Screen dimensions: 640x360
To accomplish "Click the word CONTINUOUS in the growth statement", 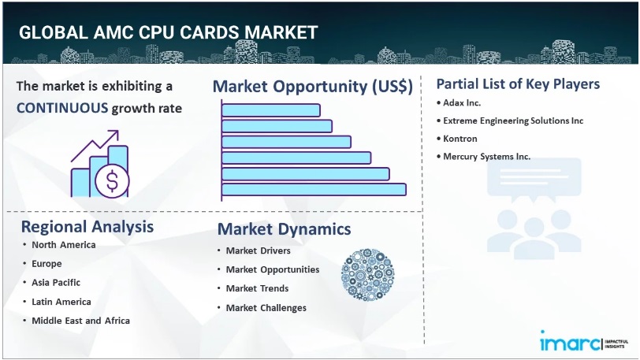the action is [62, 108].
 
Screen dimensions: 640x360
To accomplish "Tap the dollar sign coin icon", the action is [112, 181].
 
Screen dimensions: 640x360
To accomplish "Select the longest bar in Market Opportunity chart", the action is [314, 189].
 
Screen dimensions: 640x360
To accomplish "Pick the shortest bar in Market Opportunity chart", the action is [271, 110].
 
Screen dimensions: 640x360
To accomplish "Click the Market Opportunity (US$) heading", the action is [313, 87].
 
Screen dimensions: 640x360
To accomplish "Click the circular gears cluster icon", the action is [367, 274].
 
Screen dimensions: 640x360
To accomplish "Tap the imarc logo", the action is [584, 341].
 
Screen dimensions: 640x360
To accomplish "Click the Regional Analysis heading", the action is [87, 227].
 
